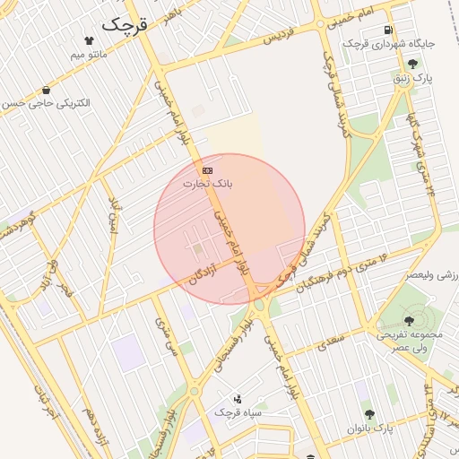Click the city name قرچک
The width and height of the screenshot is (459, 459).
click(124, 24)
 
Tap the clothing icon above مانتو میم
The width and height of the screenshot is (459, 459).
click(89, 40)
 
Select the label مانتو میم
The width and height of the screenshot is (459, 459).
click(90, 55)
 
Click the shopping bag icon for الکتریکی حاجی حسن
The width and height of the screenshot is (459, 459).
click(46, 90)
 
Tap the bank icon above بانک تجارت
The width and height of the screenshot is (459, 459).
click(208, 169)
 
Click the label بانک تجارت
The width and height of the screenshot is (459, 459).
click(208, 183)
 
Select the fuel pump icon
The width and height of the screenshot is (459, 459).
click(387, 29)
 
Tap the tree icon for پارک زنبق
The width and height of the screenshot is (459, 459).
click(412, 64)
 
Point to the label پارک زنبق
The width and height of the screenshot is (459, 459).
click(412, 79)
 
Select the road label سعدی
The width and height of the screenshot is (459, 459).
click(332, 339)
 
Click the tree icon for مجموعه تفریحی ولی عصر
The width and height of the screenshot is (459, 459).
click(410, 320)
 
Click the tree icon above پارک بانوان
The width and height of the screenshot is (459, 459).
click(368, 414)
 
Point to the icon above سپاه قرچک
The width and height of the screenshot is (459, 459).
click(238, 398)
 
